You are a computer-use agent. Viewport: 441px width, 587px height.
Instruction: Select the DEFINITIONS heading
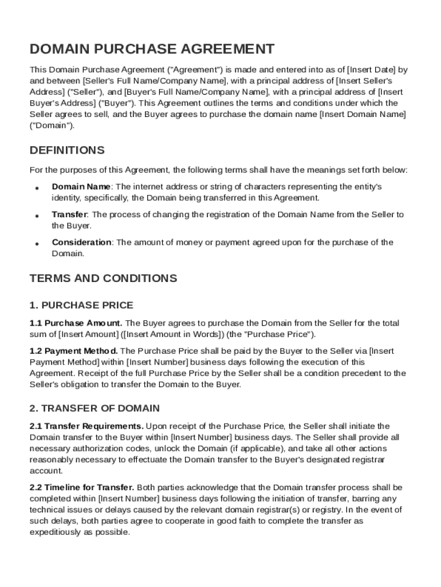pyautogui.click(x=67, y=150)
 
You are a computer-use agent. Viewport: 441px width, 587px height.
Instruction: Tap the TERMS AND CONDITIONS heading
pyautogui.click(x=103, y=279)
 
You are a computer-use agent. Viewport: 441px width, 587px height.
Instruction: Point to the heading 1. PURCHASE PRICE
pyautogui.click(x=81, y=305)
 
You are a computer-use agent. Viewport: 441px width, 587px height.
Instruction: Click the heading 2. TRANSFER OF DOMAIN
pyautogui.click(x=94, y=408)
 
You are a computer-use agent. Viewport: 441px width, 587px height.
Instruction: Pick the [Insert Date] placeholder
pyautogui.click(x=372, y=70)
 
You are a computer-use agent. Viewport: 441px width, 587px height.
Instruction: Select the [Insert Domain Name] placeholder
pyautogui.click(x=363, y=114)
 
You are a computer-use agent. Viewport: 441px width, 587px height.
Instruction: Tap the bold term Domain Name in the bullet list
pyautogui.click(x=81, y=187)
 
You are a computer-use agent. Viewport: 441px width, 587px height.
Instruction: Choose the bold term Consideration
pyautogui.click(x=81, y=242)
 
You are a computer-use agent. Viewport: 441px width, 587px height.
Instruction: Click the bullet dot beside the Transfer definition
pyautogui.click(x=37, y=216)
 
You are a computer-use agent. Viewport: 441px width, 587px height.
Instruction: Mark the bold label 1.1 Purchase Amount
pyautogui.click(x=76, y=323)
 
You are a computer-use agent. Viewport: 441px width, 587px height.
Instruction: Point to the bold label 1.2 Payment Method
pyautogui.click(x=74, y=351)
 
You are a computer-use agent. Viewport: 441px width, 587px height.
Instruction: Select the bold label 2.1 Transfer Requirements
pyautogui.click(x=86, y=426)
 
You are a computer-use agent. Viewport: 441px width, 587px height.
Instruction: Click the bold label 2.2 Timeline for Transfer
pyautogui.click(x=82, y=487)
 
